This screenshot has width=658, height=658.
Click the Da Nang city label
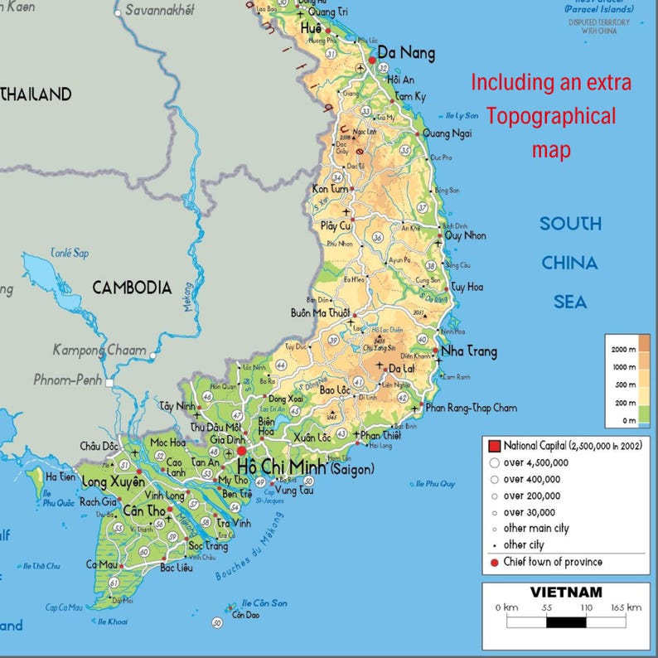(406, 54)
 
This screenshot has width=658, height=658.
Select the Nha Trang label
(469, 351)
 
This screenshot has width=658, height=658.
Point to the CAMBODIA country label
(132, 288)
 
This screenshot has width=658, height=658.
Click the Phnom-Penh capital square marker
(109, 382)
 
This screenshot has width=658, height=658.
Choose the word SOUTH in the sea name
(570, 224)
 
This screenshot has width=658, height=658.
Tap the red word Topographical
(551, 116)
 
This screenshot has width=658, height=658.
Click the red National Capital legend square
(494, 446)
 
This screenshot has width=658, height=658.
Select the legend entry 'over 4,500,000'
(535, 462)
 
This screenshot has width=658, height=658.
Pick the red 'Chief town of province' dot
(494, 563)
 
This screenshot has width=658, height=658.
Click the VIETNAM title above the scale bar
(566, 593)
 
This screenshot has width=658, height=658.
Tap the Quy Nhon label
(466, 235)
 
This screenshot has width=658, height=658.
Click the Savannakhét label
(159, 11)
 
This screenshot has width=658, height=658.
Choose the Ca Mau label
(100, 564)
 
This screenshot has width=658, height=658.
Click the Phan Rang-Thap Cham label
(471, 408)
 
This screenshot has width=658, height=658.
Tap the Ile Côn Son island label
(264, 602)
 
